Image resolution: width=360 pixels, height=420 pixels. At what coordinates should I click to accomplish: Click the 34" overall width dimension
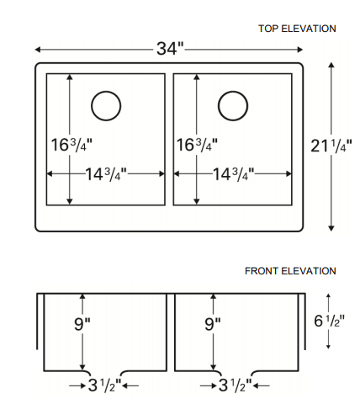(169, 48)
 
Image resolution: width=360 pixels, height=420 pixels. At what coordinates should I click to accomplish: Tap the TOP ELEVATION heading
(297, 29)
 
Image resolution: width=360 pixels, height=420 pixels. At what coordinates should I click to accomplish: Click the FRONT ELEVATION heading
(290, 271)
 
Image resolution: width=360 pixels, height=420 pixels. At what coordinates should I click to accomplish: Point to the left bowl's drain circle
(106, 105)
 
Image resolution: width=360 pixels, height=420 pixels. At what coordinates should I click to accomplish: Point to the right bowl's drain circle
(233, 105)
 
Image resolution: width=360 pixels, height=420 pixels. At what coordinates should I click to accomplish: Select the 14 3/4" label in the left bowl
(105, 174)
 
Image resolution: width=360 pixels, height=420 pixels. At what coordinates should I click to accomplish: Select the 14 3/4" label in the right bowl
(233, 174)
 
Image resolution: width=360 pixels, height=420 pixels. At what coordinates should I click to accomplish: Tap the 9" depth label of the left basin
(81, 323)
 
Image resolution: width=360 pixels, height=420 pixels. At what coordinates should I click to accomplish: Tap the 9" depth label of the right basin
(213, 323)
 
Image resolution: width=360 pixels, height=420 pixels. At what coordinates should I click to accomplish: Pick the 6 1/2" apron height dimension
(327, 321)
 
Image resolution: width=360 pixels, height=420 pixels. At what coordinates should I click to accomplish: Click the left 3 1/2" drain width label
(104, 386)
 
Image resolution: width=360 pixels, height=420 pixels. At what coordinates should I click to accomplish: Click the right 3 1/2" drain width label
(236, 386)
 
